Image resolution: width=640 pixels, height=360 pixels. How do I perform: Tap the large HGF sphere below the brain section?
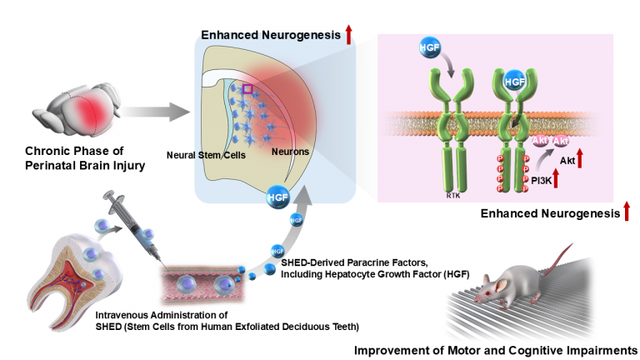tap(277, 199)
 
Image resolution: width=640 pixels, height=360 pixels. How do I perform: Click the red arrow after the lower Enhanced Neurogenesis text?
tap(626, 214)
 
